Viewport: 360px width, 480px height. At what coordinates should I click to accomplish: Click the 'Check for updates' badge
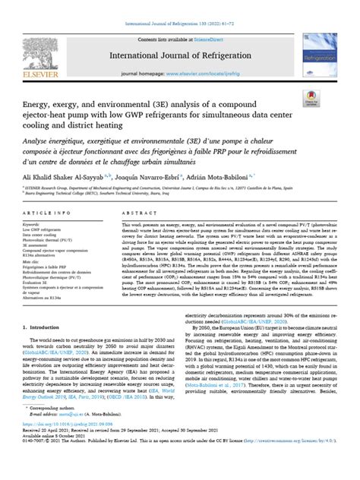[310, 98]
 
